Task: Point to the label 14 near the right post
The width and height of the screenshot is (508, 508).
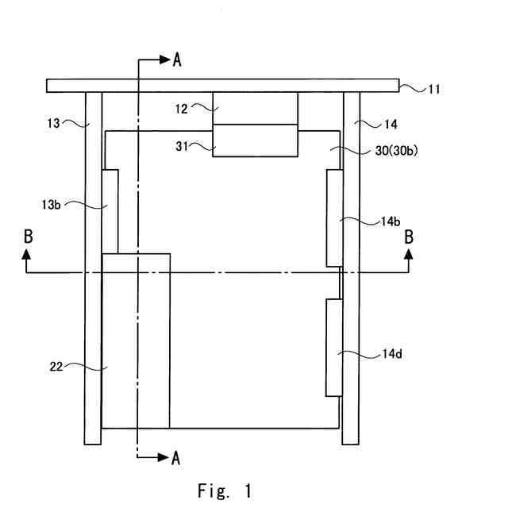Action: [x=391, y=124]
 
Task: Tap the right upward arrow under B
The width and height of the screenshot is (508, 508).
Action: [x=410, y=255]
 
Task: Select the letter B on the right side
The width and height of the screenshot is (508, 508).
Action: [x=410, y=236]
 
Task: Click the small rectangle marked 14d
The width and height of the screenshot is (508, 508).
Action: [x=333, y=348]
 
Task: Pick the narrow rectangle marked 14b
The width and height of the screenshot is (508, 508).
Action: [x=333, y=218]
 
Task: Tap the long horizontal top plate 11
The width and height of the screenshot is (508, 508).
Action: [x=222, y=85]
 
